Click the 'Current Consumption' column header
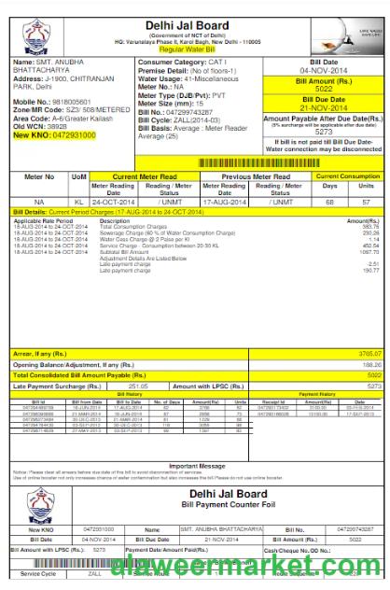(348, 176)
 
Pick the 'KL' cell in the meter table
(79, 201)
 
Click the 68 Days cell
(329, 201)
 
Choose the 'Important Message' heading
(197, 465)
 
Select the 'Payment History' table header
(317, 394)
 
